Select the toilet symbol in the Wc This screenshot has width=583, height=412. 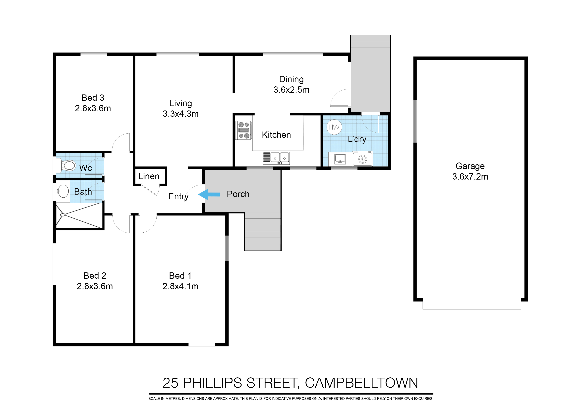point(66,165)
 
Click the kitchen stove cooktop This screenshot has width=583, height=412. point(243,130)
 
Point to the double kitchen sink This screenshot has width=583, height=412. point(279,158)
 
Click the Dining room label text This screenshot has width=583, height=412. point(291,79)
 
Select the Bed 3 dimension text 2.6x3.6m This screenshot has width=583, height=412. point(93,108)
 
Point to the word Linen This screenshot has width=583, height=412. point(149,176)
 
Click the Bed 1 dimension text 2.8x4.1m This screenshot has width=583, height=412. point(180,286)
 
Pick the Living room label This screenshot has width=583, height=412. point(180,103)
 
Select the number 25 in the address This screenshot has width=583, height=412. point(170,383)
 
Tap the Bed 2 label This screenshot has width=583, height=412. point(95,275)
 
